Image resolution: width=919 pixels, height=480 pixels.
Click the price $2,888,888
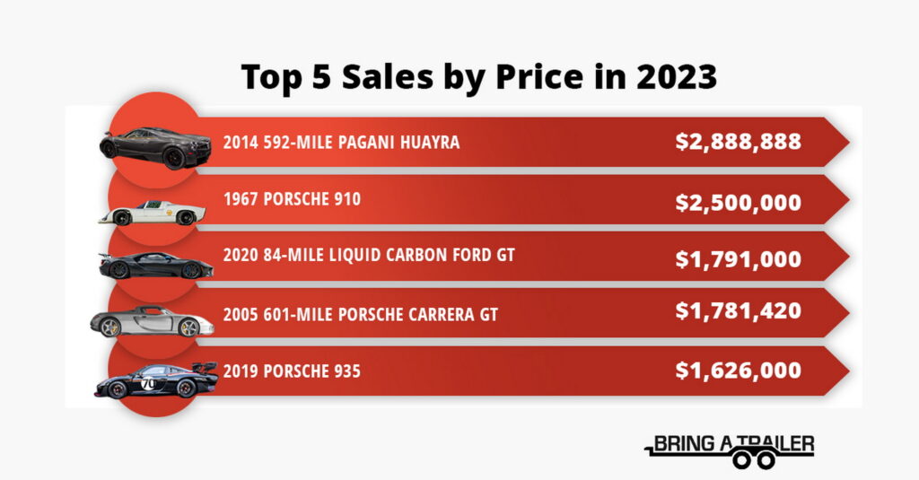point(738,142)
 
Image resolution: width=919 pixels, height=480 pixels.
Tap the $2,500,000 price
point(738,202)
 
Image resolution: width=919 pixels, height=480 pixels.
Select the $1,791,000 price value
point(738,259)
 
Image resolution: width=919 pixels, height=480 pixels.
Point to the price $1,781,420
point(738,311)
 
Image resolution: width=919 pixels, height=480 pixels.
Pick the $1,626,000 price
point(738,370)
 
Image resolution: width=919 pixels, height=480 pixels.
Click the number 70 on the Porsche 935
point(148,383)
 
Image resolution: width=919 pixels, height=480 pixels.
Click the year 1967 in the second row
point(241,198)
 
